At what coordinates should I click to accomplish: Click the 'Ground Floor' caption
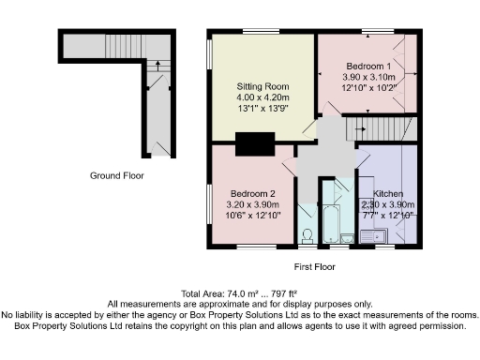click(116, 175)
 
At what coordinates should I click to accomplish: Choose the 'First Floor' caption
click(314, 267)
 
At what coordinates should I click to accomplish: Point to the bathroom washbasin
click(347, 237)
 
